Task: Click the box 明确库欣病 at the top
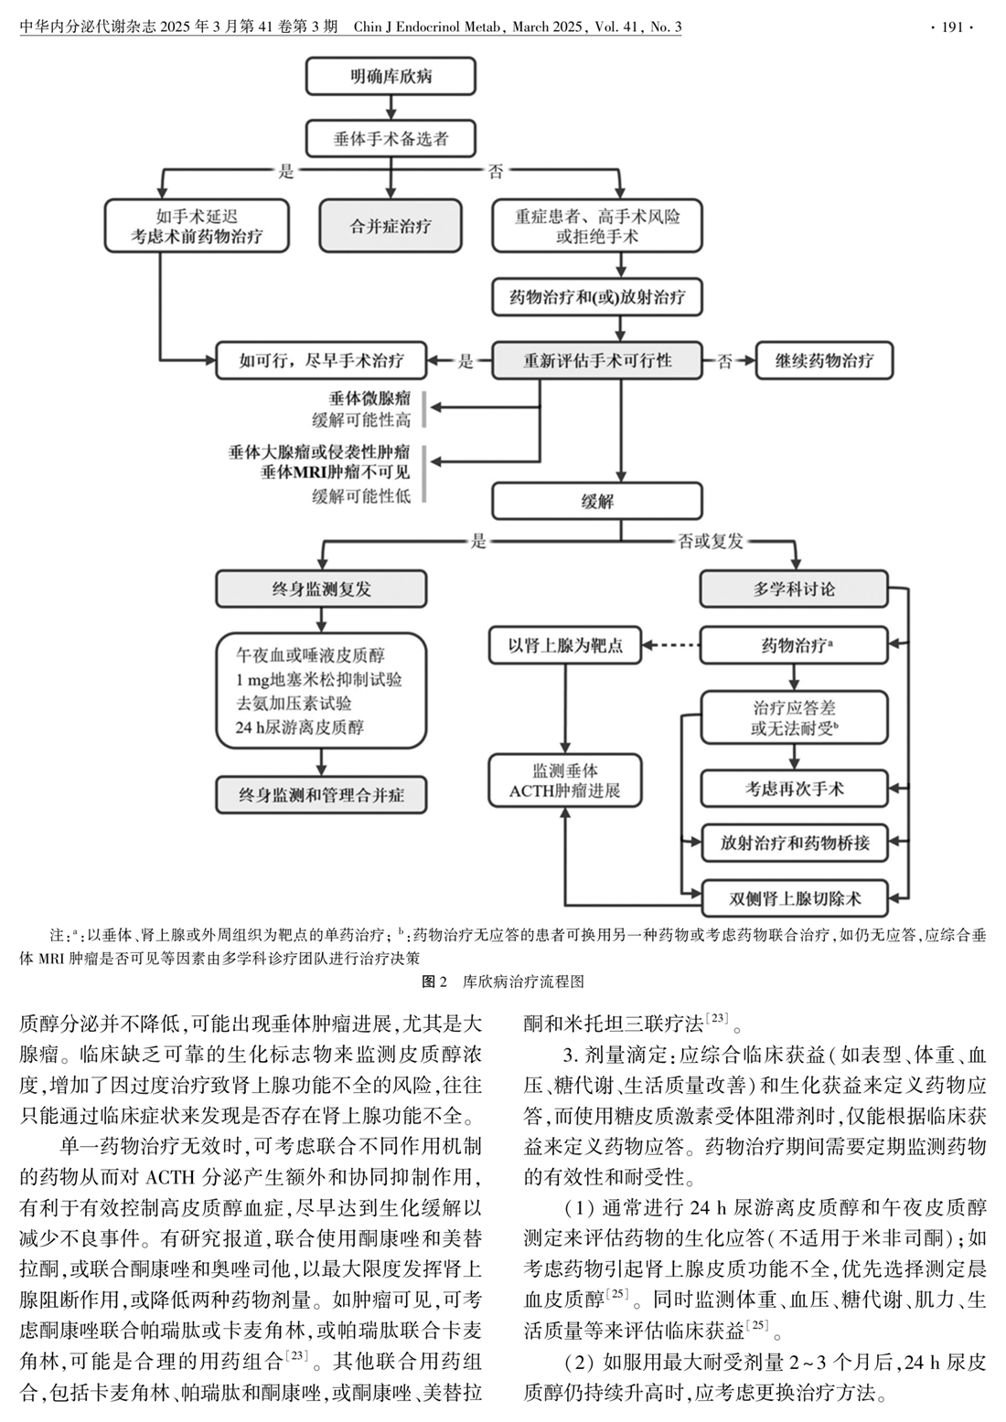coord(391,77)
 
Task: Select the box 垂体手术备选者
coord(391,140)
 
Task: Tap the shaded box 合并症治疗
coord(391,226)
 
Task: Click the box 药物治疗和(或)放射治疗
coord(597,297)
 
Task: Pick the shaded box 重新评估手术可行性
coord(597,360)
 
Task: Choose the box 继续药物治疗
coord(824,360)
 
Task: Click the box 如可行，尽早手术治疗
coord(322,360)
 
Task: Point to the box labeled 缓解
coord(597,501)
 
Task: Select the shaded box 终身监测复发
coord(322,589)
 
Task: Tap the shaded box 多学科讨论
coord(794,589)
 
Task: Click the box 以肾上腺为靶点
coord(565,645)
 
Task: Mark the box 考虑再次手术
coord(794,788)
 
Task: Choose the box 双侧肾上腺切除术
coord(794,897)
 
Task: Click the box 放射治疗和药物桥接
coord(794,843)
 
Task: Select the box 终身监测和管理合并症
coord(322,795)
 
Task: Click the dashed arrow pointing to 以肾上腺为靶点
coord(670,646)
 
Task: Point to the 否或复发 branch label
coord(711,541)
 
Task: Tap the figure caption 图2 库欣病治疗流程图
coord(502,982)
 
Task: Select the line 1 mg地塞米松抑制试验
coord(319,680)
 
